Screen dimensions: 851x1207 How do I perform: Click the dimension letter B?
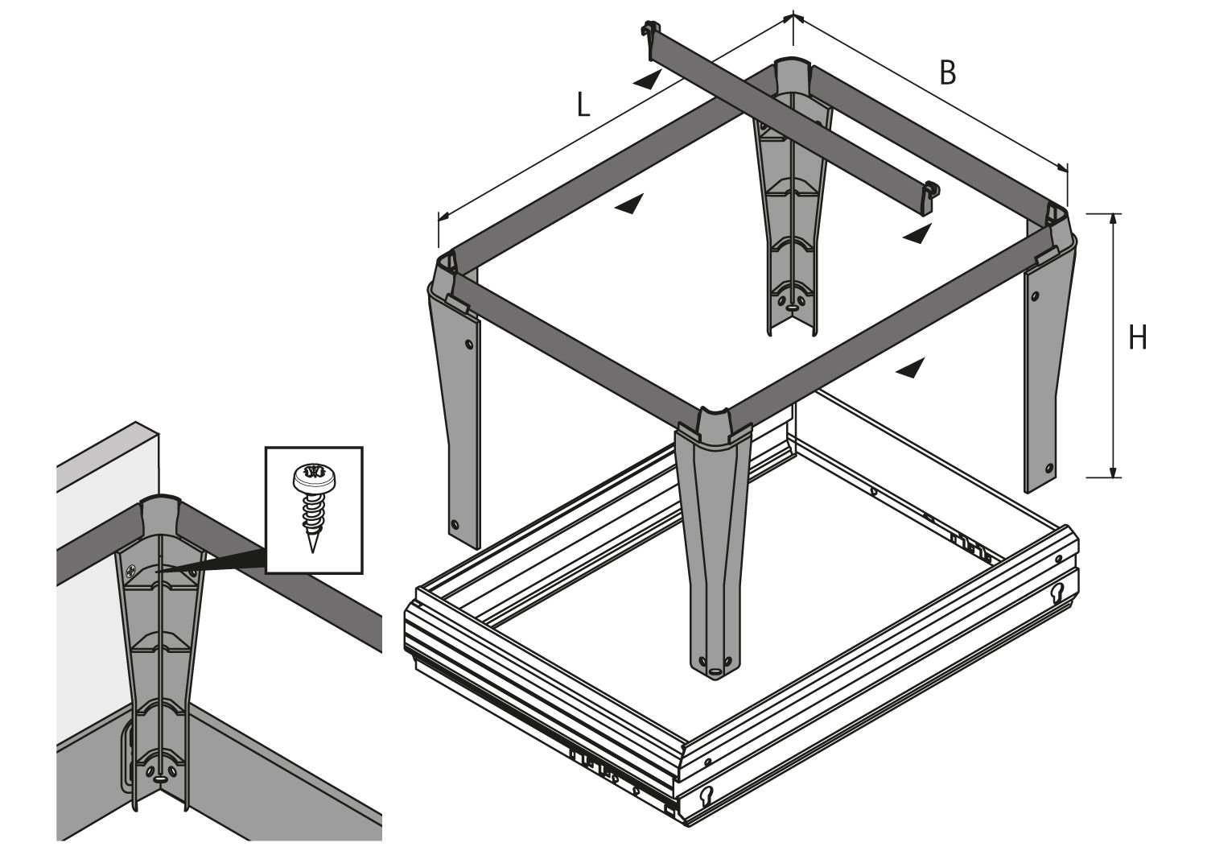pyautogui.click(x=948, y=73)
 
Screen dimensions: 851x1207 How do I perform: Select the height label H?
pyautogui.click(x=1137, y=338)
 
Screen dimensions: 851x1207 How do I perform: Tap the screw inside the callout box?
pyautogui.click(x=311, y=508)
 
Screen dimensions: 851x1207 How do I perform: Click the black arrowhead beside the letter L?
pyautogui.click(x=647, y=79)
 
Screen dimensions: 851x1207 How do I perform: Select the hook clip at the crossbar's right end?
pyautogui.click(x=932, y=192)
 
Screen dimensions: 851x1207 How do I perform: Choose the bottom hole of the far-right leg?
pyautogui.click(x=1049, y=467)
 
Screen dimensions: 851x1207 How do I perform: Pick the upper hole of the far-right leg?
pyautogui.click(x=1035, y=283)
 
